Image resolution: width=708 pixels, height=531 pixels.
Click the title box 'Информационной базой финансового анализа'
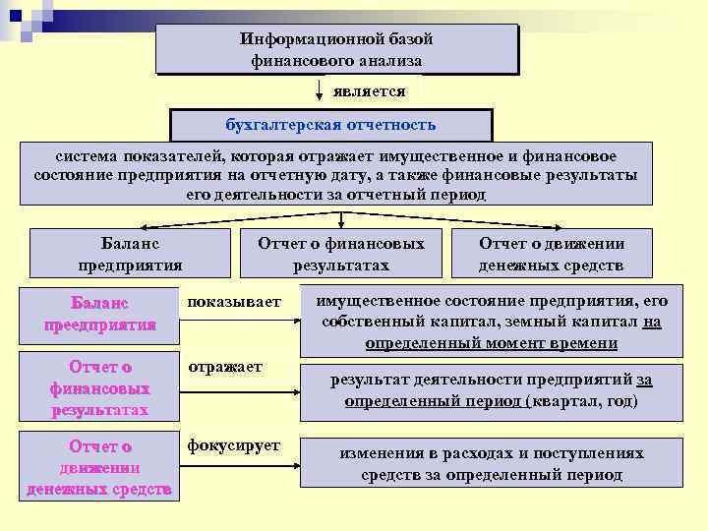(x=335, y=49)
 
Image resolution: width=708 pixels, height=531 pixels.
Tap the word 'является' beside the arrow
(x=369, y=90)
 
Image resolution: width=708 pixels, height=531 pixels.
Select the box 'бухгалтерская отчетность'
(x=330, y=126)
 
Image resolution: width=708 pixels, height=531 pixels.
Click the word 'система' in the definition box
(x=85, y=156)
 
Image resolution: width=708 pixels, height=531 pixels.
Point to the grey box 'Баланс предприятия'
(x=130, y=254)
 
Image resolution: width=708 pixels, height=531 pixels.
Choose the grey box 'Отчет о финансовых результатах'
(x=340, y=254)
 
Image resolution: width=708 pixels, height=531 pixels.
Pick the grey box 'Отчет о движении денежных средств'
(x=551, y=254)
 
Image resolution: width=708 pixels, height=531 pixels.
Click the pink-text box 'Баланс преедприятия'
(x=100, y=313)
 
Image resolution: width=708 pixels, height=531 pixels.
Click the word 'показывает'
(x=234, y=301)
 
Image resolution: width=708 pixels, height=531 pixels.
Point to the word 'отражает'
(x=226, y=367)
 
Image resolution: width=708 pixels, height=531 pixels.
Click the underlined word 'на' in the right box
(x=653, y=322)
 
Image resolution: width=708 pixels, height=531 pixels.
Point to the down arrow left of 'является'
(x=319, y=92)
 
